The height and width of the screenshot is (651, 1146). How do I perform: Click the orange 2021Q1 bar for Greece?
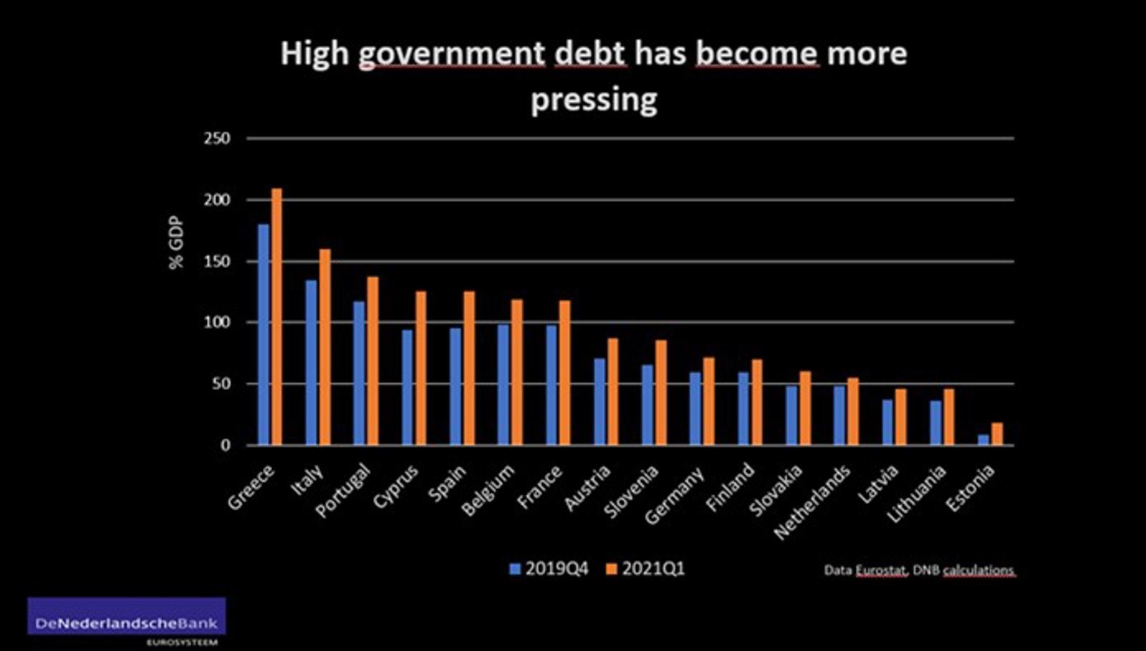click(x=276, y=317)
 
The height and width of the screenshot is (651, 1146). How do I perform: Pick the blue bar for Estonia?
click(x=983, y=439)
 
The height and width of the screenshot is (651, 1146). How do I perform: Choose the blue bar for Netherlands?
click(x=839, y=416)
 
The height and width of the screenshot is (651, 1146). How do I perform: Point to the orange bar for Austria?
click(x=612, y=391)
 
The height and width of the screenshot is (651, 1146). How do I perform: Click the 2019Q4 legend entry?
click(x=549, y=569)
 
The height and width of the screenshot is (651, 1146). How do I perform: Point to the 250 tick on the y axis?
click(x=217, y=138)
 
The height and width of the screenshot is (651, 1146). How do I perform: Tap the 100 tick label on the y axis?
click(x=217, y=323)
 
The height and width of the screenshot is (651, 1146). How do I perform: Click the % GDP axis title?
click(x=176, y=242)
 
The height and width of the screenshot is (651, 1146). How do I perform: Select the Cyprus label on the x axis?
click(x=395, y=487)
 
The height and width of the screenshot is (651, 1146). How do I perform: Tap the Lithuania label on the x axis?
click(x=916, y=493)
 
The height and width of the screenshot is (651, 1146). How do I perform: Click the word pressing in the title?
click(x=594, y=99)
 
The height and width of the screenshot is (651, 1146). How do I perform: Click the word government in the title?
click(x=452, y=54)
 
